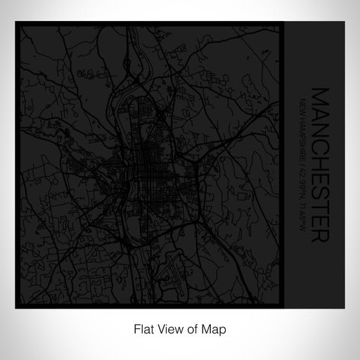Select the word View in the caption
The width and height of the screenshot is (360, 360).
(x=165, y=328)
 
